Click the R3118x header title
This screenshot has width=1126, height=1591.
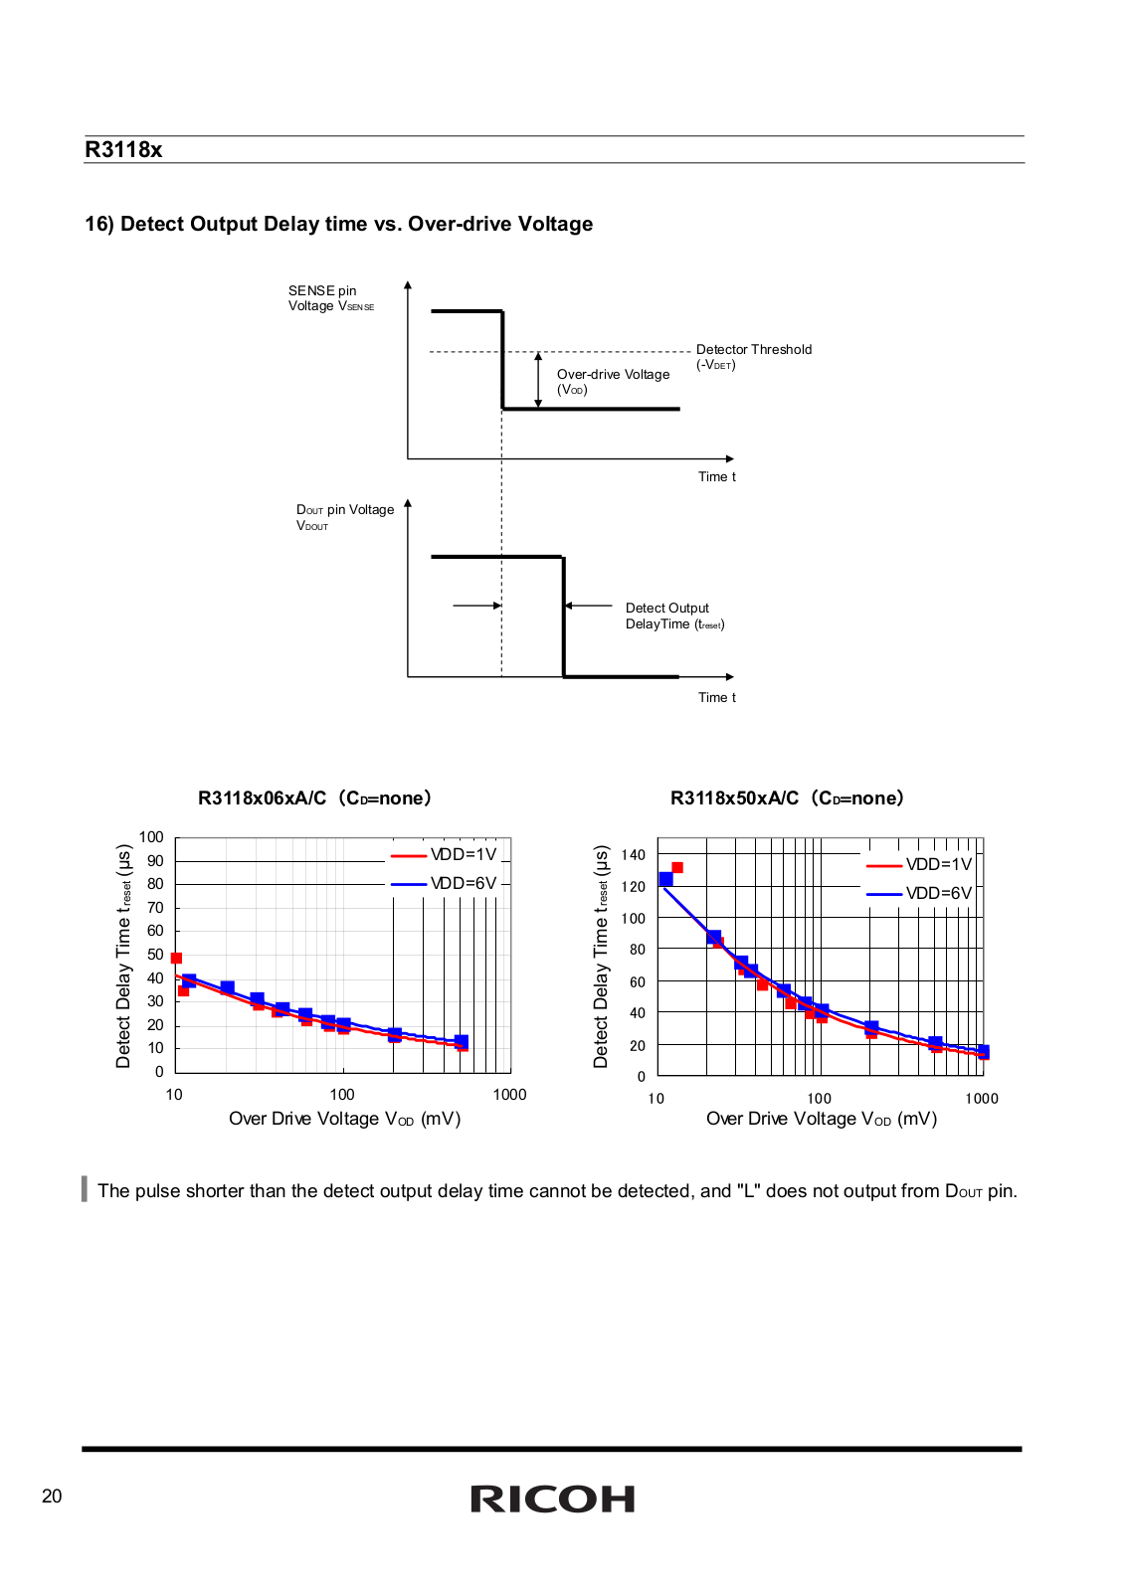[123, 150]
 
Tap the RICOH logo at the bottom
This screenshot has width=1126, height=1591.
[552, 1500]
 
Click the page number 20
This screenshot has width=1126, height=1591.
[52, 1496]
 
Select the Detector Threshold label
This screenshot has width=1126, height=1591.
[753, 357]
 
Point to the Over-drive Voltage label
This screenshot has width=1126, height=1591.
[613, 382]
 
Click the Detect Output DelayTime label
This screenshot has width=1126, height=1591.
[674, 616]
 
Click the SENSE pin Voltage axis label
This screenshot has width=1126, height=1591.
[330, 298]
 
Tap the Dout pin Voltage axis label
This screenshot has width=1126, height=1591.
[344, 517]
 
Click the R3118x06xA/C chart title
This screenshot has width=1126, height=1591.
[314, 797]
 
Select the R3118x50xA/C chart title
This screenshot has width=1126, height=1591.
[787, 797]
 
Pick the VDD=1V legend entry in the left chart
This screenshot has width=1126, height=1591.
[444, 854]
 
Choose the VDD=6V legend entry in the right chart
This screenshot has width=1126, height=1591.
[918, 894]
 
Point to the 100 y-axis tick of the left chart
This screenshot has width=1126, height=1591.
[151, 837]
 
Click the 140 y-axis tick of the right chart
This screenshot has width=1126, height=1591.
[633, 854]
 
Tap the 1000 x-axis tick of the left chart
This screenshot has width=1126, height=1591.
[509, 1095]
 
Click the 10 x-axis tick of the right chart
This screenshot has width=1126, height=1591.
[656, 1099]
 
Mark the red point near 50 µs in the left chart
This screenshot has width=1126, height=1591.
[176, 959]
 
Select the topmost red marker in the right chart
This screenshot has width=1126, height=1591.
[677, 868]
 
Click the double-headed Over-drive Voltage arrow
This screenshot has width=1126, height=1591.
[538, 380]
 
